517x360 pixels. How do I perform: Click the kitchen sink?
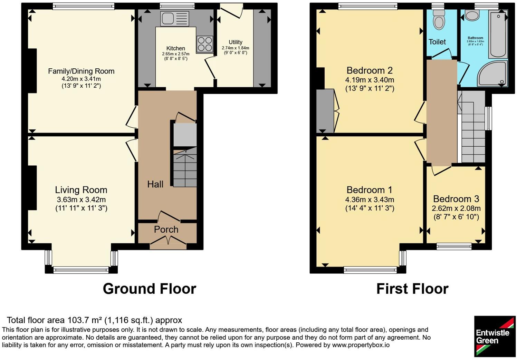tap(175, 18)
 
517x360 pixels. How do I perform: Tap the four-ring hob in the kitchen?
tap(205, 44)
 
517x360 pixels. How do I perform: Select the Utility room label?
tap(236, 42)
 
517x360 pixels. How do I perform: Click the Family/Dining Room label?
tap(81, 71)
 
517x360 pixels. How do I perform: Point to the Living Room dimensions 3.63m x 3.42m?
tap(81, 200)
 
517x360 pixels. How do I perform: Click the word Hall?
tap(155, 184)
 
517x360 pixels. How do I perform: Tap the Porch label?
tap(166, 230)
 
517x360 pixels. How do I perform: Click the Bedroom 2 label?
tap(370, 70)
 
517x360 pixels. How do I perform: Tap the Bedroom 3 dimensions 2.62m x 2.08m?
tap(456, 208)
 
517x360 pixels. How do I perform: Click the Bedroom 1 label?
tap(370, 190)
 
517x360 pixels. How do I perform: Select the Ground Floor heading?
tap(150, 289)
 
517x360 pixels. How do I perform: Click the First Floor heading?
tap(412, 289)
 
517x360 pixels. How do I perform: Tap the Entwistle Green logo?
tap(495, 336)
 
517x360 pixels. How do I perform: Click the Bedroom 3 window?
tap(454, 246)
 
